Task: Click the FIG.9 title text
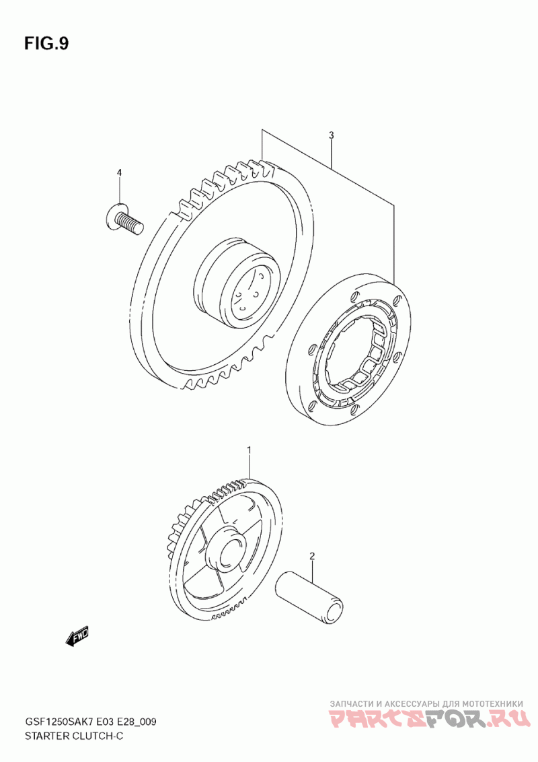click(46, 44)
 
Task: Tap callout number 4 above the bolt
click(119, 173)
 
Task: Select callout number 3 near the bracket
click(332, 135)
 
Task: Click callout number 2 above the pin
click(312, 556)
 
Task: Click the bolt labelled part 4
click(126, 220)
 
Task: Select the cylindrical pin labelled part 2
click(311, 592)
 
